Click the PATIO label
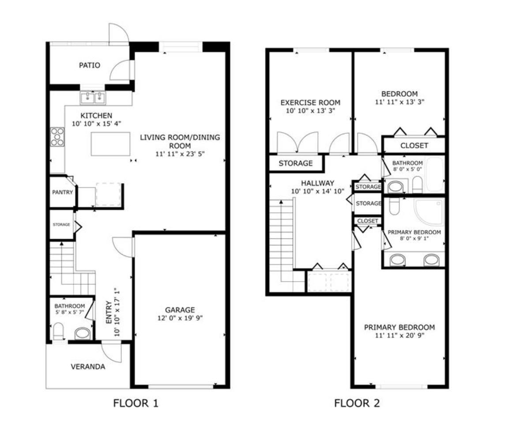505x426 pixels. click(89, 65)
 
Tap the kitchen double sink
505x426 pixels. click(93, 98)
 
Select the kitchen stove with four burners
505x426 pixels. click(57, 136)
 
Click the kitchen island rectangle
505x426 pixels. click(111, 143)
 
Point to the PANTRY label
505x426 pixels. click(62, 192)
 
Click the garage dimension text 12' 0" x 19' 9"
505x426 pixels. click(180, 318)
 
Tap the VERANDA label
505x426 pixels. click(88, 366)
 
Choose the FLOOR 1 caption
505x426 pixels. click(136, 403)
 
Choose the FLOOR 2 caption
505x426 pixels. click(357, 403)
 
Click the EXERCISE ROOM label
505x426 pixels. click(310, 103)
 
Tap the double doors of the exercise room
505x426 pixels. click(299, 142)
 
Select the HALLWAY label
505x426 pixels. click(317, 183)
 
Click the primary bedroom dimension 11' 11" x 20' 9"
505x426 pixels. click(399, 336)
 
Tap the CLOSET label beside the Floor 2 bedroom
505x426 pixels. click(414, 146)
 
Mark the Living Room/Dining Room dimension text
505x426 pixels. click(180, 154)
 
